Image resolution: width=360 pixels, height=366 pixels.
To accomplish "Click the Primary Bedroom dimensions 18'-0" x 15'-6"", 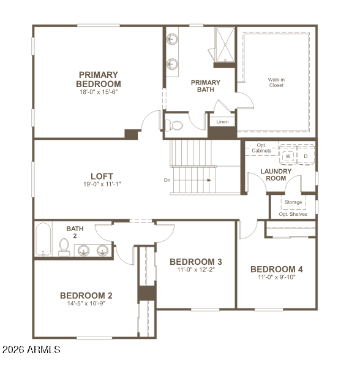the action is tap(99, 92).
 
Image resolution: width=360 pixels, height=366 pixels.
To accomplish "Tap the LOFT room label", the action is tap(102, 176).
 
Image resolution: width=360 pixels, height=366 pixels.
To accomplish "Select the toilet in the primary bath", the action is tap(174, 125).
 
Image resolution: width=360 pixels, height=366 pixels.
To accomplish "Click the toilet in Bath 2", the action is tap(64, 247).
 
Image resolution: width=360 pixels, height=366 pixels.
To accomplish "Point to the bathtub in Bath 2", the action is tap(43, 239).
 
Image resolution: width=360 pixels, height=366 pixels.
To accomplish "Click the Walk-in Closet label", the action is tap(276, 82).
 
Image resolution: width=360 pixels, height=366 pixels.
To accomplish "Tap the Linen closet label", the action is tap(222, 121).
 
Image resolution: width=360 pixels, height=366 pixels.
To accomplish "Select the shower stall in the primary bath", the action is tap(225, 45).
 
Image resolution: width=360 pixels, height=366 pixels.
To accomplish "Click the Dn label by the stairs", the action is tap(167, 180).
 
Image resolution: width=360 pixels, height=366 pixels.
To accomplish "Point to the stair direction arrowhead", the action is tap(209, 180).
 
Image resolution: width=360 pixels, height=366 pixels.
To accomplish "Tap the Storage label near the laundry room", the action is tap(293, 202).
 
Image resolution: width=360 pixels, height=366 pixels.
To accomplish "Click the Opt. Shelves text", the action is tap(293, 214).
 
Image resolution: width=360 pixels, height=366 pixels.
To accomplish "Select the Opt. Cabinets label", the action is tap(261, 148).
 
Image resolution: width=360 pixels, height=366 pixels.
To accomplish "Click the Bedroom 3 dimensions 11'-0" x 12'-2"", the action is tap(196, 270).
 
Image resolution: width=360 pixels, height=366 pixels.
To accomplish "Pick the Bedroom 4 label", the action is tap(277, 269).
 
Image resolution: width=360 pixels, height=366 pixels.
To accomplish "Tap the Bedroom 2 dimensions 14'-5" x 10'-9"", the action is tap(86, 303).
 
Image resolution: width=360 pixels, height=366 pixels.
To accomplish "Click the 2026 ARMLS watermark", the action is tap(31, 349).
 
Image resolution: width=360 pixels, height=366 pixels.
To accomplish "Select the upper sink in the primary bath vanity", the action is tap(172, 39).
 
